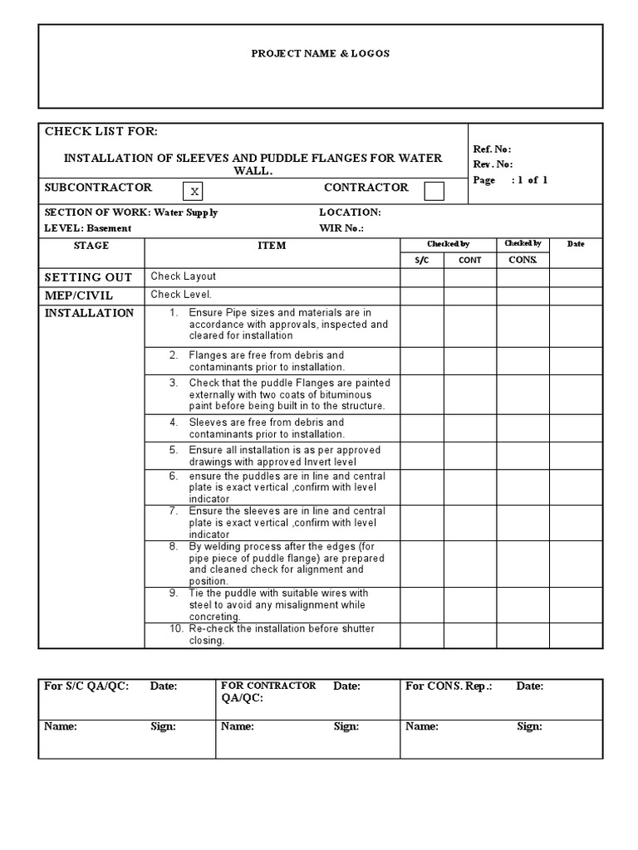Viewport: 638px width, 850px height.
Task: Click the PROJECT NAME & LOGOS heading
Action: [320, 53]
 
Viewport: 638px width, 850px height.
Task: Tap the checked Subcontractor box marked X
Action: [194, 192]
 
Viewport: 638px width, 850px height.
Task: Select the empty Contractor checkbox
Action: [434, 192]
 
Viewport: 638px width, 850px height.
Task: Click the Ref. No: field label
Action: [492, 149]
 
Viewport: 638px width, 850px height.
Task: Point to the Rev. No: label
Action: [493, 164]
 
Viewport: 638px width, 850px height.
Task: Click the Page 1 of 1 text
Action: [510, 180]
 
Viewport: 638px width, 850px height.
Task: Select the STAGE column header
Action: [91, 246]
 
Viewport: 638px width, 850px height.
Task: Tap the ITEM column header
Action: [272, 246]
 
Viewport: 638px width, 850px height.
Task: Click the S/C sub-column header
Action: [421, 260]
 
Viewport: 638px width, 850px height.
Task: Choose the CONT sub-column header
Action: [470, 260]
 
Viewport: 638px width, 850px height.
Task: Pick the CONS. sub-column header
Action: [523, 260]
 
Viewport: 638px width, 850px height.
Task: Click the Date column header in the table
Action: [576, 244]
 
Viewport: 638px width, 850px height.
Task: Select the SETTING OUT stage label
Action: [88, 277]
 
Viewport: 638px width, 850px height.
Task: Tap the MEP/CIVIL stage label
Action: [79, 296]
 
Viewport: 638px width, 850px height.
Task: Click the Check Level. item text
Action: [182, 295]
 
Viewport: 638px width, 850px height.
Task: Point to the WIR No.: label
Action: [341, 228]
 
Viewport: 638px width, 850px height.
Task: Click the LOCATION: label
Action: [350, 212]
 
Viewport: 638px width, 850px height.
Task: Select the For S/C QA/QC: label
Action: [86, 686]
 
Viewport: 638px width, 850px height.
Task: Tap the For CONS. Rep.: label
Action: [449, 686]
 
